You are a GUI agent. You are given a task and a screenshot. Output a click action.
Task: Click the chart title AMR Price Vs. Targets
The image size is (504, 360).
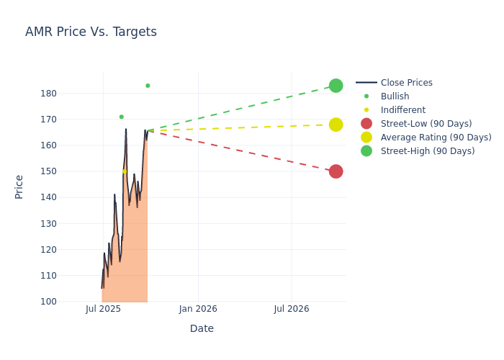click(91, 32)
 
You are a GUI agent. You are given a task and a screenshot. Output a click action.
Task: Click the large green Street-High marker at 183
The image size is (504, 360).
click(336, 86)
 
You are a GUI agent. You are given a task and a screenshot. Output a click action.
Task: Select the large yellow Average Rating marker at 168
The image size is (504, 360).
click(336, 125)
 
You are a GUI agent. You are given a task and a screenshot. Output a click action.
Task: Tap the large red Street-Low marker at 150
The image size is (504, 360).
click(336, 171)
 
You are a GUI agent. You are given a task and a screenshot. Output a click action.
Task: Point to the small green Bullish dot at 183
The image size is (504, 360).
click(148, 86)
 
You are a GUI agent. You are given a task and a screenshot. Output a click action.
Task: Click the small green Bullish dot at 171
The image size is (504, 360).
click(122, 117)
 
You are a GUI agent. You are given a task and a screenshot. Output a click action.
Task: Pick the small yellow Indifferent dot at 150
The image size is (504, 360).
click(124, 171)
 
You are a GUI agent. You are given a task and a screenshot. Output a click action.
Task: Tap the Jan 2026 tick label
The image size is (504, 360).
click(198, 309)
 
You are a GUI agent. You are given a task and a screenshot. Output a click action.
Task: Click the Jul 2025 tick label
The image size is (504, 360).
click(103, 309)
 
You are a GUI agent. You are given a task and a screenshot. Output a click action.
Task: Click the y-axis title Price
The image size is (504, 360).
click(19, 186)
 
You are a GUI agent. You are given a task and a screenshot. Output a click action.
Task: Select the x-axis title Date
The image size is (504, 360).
click(202, 329)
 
